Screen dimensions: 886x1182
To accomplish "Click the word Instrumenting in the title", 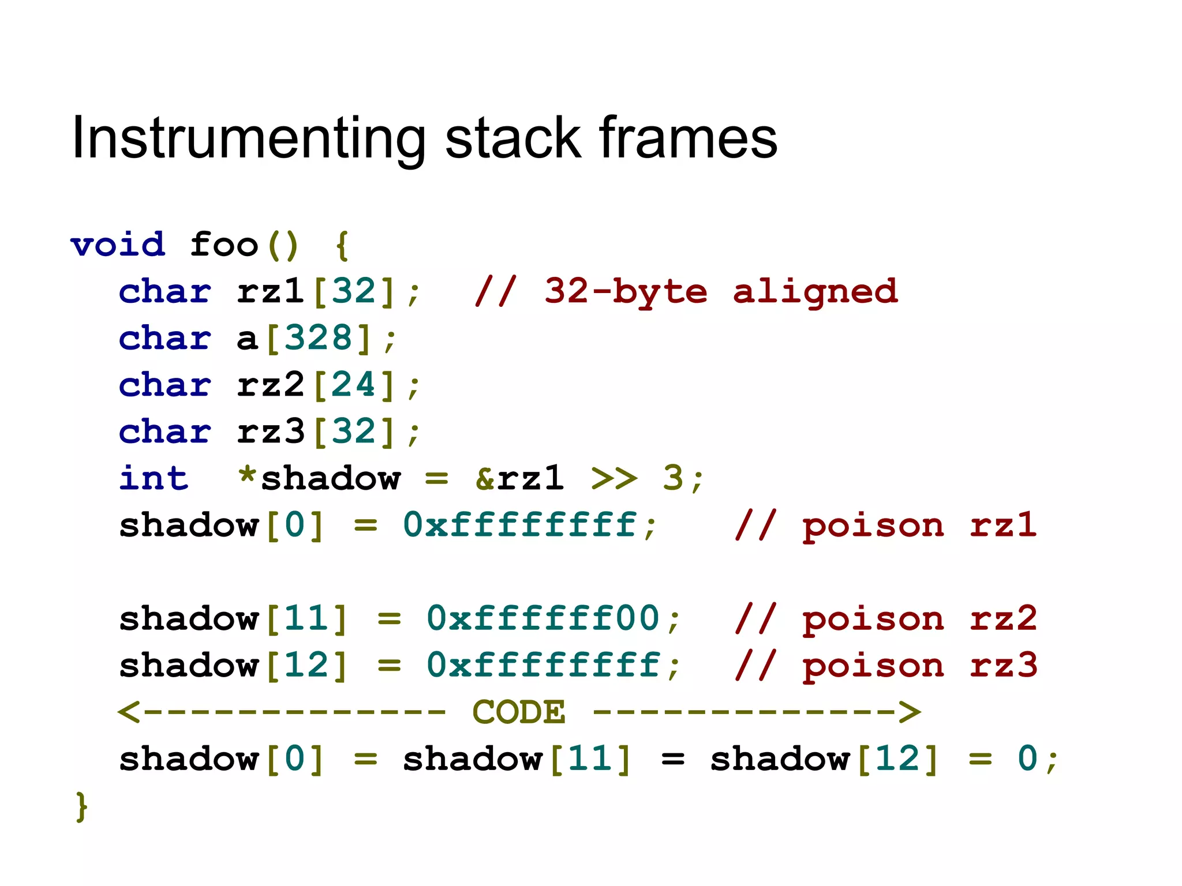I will tap(248, 138).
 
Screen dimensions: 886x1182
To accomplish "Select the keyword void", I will tap(118, 245).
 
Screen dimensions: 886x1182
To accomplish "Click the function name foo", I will tap(224, 245).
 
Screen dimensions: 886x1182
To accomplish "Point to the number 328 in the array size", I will tap(319, 338).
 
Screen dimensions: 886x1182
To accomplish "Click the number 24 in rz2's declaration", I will tap(354, 385).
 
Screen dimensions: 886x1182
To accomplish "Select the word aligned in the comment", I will tap(815, 291).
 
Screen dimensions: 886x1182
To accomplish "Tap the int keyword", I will tap(154, 478).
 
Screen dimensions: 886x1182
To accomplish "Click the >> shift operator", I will tap(614, 478).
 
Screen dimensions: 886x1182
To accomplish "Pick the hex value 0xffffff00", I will tap(543, 618).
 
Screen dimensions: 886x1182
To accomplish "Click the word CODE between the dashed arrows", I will tap(519, 712).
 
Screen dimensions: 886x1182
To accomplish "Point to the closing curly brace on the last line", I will tap(82, 806).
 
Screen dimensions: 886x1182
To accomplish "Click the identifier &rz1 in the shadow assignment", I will tap(519, 478).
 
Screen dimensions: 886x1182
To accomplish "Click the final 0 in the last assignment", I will tap(1027, 759).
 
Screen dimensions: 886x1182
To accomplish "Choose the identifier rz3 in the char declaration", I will tap(271, 431).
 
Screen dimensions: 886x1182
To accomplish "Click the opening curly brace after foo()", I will tap(342, 246).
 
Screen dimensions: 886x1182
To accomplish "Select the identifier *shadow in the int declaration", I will tap(319, 478).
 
